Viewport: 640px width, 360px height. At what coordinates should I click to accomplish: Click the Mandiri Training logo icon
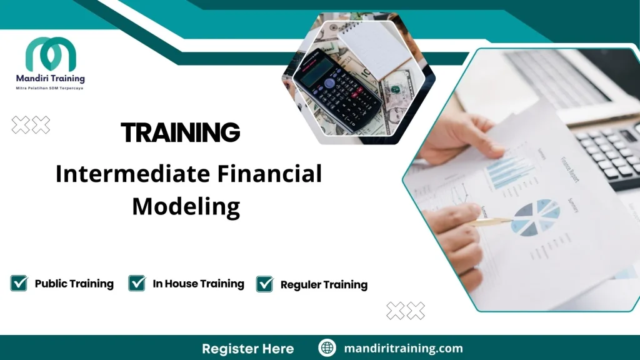[51, 54]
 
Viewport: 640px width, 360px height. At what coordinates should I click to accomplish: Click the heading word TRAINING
[180, 132]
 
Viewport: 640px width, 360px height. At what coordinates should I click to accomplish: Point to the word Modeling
[186, 206]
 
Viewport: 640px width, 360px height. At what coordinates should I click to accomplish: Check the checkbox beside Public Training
[19, 283]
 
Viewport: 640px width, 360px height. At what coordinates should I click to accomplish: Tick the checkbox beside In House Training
[137, 283]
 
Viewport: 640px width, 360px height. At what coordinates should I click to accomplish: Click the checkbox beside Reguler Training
[265, 284]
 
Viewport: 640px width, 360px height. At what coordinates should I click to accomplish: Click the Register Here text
[247, 348]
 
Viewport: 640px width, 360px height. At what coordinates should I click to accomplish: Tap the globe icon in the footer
[327, 348]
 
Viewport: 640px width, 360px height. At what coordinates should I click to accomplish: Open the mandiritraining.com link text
[404, 348]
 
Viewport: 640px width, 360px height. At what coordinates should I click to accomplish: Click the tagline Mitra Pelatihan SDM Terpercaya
[50, 88]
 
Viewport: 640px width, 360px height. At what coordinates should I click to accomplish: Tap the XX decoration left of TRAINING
[31, 125]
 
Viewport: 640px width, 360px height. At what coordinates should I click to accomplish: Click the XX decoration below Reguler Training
[406, 310]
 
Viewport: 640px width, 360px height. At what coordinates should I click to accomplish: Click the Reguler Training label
[324, 285]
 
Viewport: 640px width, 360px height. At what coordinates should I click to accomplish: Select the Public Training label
[74, 284]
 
